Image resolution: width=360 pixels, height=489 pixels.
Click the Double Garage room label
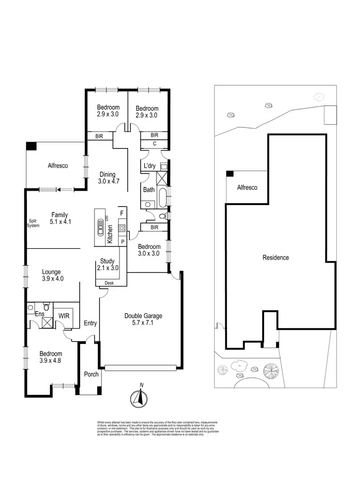[144, 319]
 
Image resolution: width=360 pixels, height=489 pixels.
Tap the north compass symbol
[140, 397]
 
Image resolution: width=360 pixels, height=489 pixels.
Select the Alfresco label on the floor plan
[58, 165]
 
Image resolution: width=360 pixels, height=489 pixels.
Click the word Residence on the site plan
[276, 257]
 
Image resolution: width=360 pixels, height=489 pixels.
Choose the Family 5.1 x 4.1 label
[60, 218]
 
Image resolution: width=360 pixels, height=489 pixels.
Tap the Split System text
[33, 223]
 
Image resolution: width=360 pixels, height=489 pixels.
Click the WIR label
[64, 316]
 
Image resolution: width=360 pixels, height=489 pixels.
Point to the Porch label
[91, 375]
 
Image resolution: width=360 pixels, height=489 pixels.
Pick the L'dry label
[149, 167]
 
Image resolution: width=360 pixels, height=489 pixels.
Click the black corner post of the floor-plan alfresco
[31, 145]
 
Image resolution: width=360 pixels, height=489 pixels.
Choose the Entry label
[90, 323]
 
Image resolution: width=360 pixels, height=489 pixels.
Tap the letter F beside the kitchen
[122, 212]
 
